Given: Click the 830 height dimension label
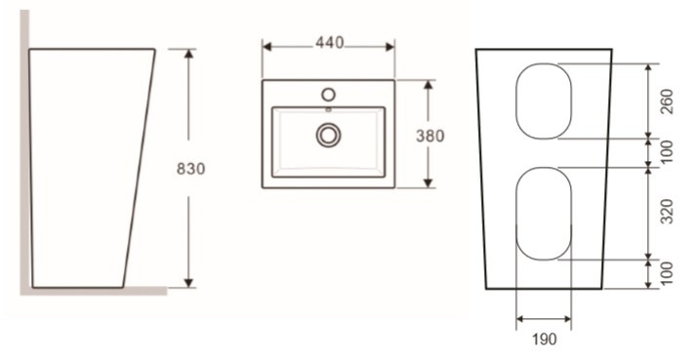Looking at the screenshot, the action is coord(190,169).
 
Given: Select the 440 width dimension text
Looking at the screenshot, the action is coord(330,42).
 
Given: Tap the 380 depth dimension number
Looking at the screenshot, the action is coord(430,136).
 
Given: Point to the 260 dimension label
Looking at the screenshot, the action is coord(667,101).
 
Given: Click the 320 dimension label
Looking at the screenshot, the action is coord(667,212).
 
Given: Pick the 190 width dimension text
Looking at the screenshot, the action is coord(545,340).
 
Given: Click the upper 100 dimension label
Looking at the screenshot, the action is coord(667,151).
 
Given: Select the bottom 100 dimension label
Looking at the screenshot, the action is coord(667,273).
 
